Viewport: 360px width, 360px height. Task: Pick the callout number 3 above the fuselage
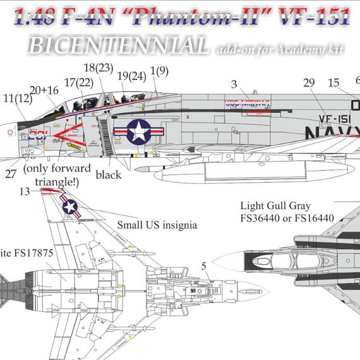click(234, 83)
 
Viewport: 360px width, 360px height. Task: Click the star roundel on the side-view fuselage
click(137, 131)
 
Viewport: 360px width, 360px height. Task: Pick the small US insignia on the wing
click(71, 207)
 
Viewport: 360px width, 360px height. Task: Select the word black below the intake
click(108, 175)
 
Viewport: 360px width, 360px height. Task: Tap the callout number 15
click(333, 81)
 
